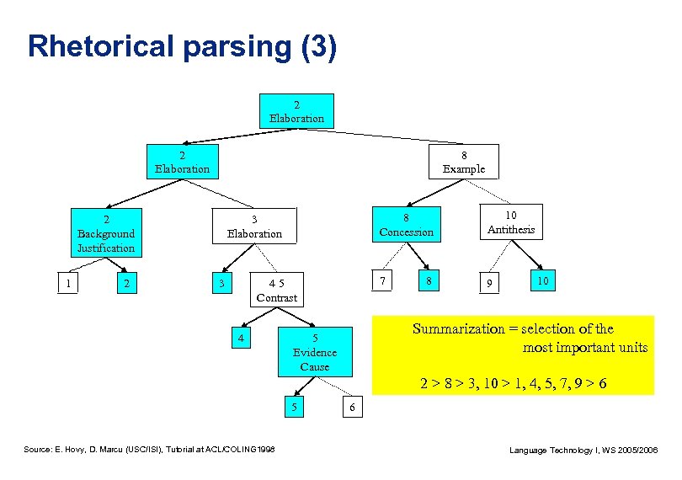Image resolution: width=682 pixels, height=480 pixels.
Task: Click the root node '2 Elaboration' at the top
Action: [x=296, y=111]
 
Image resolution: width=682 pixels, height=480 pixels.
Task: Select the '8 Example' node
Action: [x=464, y=162]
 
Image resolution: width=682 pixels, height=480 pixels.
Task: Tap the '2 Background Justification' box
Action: [x=106, y=233]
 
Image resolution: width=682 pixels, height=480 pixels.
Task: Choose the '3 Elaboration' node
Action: [x=254, y=226]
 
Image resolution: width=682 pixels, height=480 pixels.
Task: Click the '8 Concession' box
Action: [x=406, y=224]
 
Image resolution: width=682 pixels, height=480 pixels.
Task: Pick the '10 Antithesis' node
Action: [x=510, y=222]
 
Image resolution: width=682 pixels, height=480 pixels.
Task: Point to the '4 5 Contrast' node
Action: [x=276, y=291]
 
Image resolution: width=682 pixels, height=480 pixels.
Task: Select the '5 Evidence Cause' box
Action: [x=314, y=352]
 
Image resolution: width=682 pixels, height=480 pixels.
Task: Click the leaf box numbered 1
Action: [x=68, y=284]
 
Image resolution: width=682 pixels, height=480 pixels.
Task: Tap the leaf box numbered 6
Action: [x=352, y=408]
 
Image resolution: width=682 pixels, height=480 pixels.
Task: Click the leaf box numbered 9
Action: [x=486, y=285]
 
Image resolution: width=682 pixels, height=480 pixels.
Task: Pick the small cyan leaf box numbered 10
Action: [x=543, y=280]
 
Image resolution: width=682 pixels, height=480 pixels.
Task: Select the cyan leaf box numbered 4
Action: [x=241, y=339]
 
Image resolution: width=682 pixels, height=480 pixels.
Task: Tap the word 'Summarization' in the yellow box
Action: [x=454, y=329]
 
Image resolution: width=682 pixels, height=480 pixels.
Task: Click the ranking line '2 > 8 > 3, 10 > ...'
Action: [x=514, y=384]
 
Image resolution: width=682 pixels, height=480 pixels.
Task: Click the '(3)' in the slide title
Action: [x=318, y=46]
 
